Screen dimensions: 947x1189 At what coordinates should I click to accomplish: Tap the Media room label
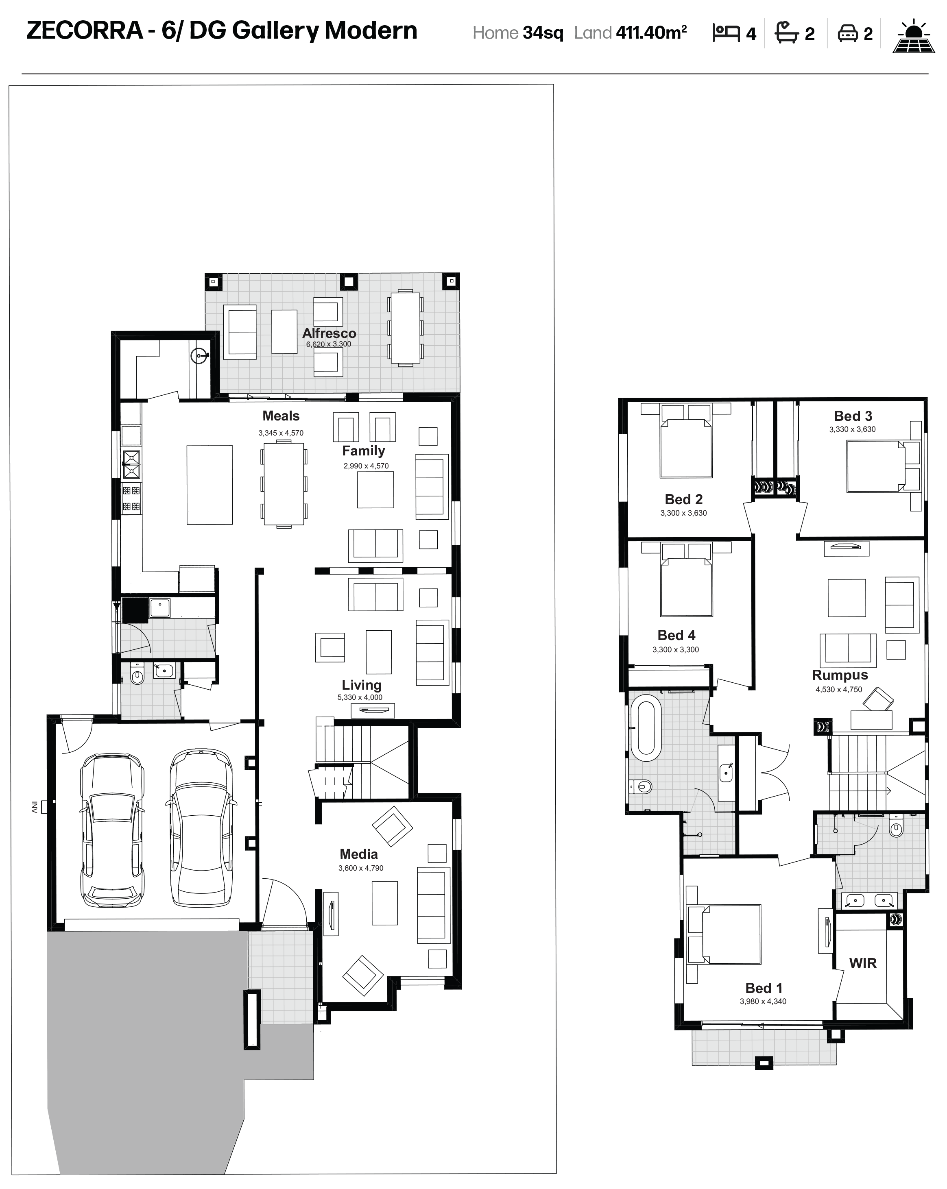[358, 854]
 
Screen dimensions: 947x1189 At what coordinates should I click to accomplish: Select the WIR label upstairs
[863, 963]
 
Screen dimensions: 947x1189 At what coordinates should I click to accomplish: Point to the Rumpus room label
[840, 675]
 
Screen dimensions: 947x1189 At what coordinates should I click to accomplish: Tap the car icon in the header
[848, 34]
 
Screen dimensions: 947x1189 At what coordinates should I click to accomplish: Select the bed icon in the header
[726, 33]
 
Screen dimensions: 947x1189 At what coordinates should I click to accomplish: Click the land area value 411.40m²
[651, 33]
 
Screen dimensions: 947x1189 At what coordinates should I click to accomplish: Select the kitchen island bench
[209, 485]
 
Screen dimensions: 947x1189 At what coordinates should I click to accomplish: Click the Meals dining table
[284, 484]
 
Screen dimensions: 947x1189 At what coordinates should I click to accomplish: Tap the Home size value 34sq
[543, 33]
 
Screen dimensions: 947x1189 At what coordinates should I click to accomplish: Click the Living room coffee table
[379, 652]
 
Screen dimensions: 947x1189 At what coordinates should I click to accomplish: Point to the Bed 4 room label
[676, 635]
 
